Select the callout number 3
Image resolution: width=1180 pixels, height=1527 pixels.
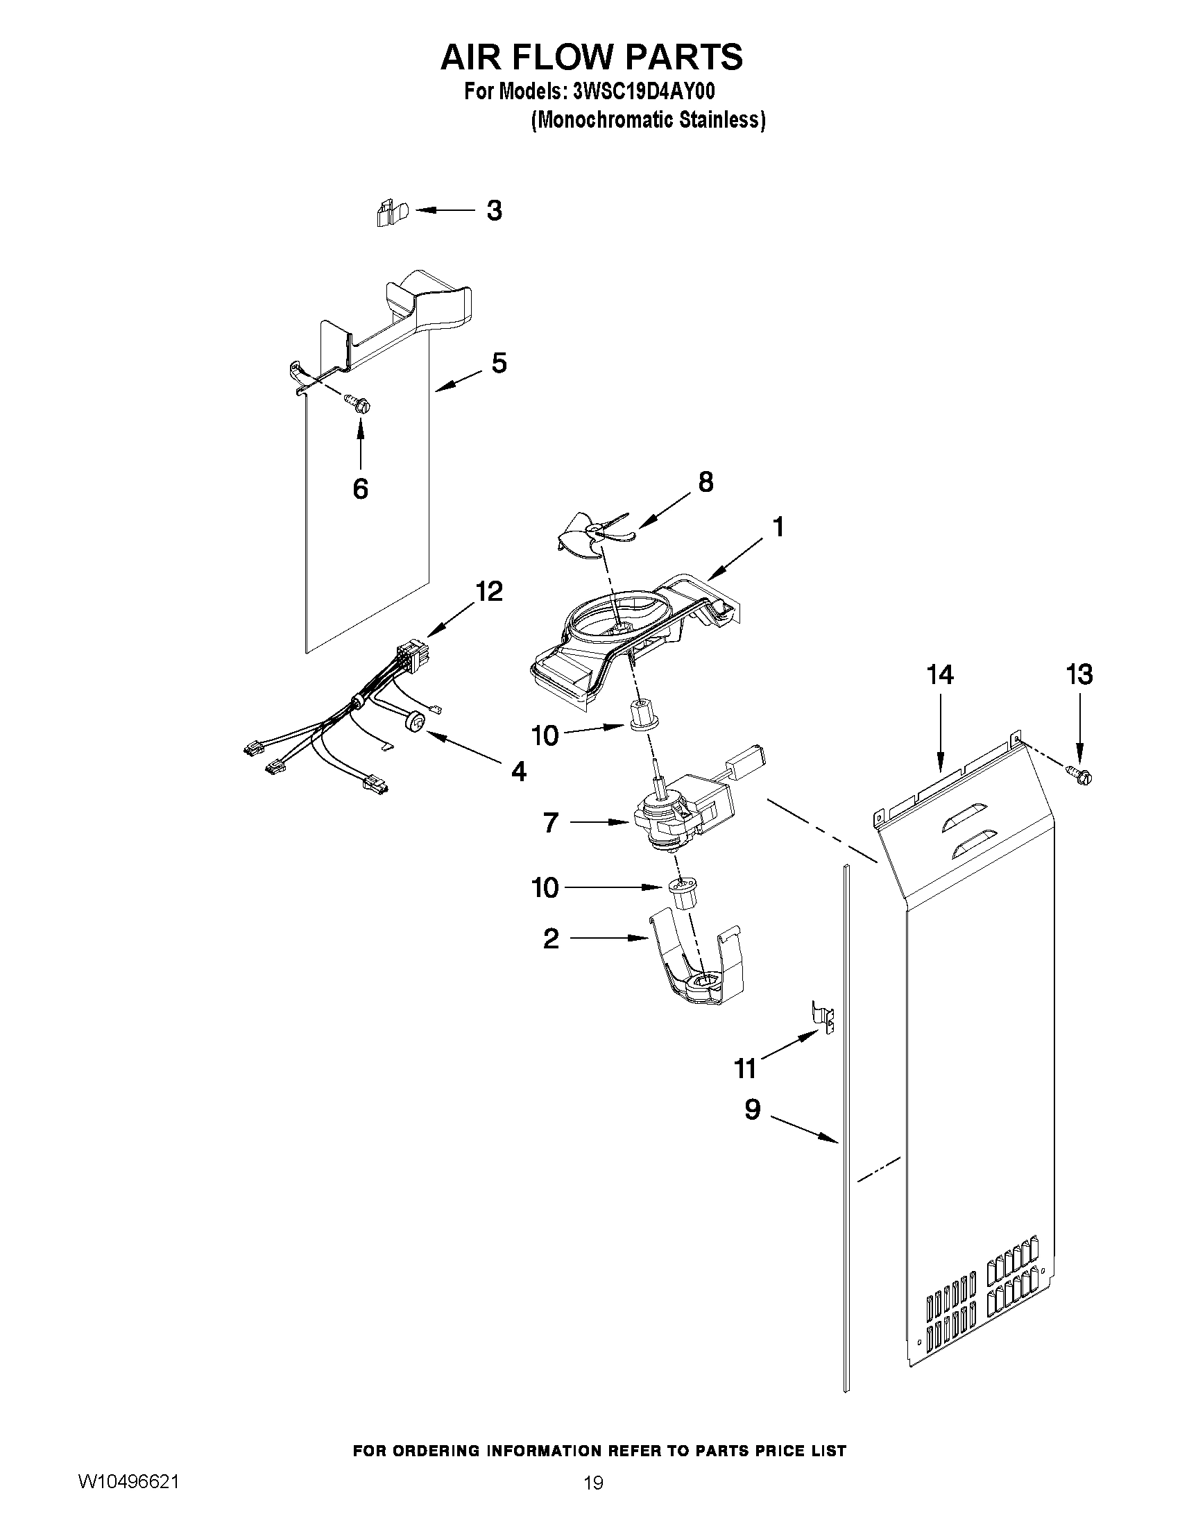pos(494,210)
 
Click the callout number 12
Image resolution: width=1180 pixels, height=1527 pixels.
pos(488,592)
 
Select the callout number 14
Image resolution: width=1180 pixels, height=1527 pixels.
pos(940,675)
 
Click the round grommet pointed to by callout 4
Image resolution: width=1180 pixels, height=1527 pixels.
pos(416,721)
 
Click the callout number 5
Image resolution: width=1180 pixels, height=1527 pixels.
pos(498,363)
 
